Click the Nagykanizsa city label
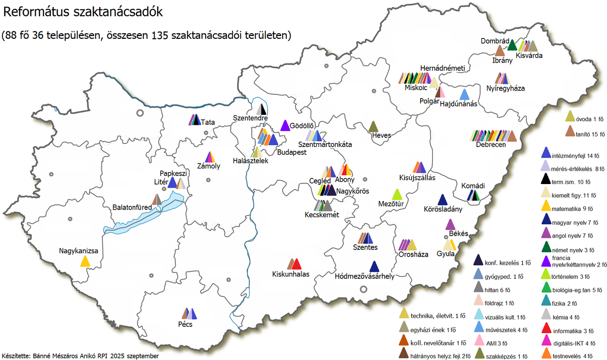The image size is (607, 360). pos(79,250)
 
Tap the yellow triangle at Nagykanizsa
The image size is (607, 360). pos(85,261)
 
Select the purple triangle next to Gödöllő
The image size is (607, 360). pos(285,126)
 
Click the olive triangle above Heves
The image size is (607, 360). pos(374,127)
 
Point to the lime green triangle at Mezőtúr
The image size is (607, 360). pos(397,194)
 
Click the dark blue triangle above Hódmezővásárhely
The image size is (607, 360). pos(375,267)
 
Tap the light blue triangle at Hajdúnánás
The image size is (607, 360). pos(465,94)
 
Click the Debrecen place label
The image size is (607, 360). pos(490,145)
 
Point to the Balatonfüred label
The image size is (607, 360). pos(132,207)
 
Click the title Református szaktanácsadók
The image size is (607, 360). pos(83,13)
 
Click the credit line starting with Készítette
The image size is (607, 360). pos(81,355)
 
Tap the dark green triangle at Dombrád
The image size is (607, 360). pos(512,45)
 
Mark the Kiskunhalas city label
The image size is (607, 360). pos(290,274)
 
